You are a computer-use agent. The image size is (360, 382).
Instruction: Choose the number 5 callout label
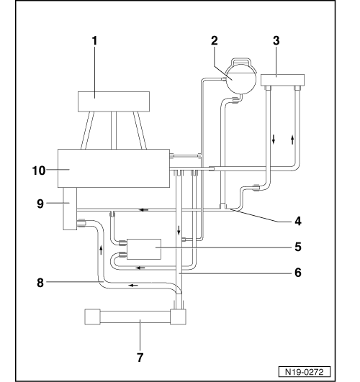[x=297, y=246]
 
